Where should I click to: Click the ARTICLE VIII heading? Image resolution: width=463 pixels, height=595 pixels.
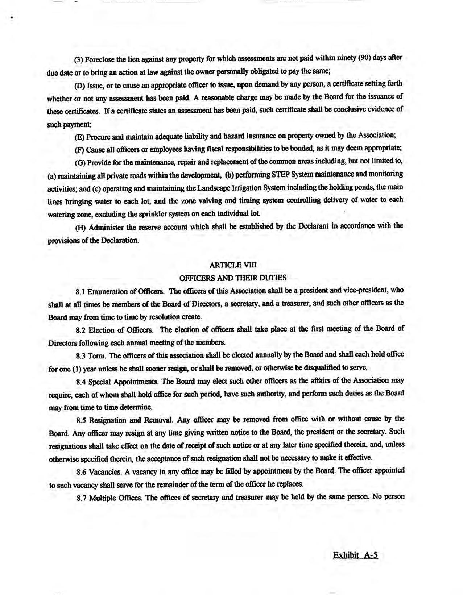click(233, 265)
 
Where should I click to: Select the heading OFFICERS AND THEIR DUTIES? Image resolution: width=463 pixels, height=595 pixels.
click(233, 278)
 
